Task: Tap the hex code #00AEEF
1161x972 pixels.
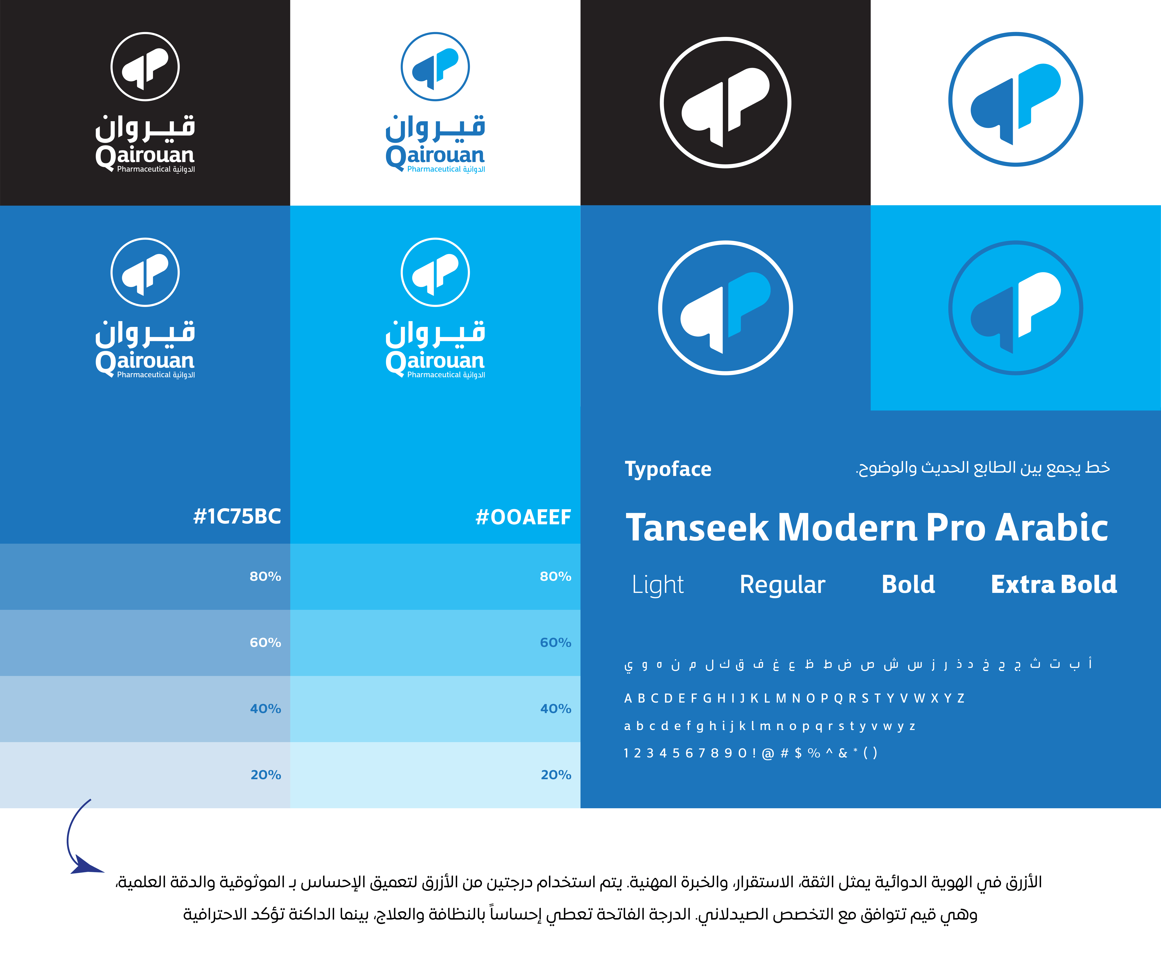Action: pos(523,517)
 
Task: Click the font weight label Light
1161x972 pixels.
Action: pos(658,585)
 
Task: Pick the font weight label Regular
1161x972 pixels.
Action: pos(782,585)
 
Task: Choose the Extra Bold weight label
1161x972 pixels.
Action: pos(1054,584)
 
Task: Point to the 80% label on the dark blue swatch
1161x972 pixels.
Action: pos(265,577)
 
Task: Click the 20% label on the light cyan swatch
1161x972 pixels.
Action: pos(556,775)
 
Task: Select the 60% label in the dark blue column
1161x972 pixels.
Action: pos(265,642)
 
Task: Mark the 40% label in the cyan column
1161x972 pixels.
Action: pos(556,709)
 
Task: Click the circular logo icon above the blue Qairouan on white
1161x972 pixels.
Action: pos(435,66)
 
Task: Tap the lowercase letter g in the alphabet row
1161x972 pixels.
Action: pos(700,727)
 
